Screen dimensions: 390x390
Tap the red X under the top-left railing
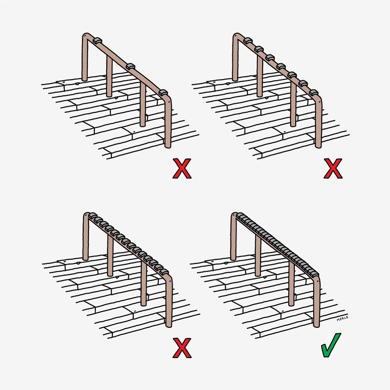coord(182,168)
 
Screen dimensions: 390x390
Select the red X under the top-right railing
coord(333,168)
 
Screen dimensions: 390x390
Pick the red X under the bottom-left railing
coord(182,348)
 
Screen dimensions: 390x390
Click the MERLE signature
coord(342,318)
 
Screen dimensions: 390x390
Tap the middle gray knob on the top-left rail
coord(130,66)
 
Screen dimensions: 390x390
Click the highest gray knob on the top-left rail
coord(97,41)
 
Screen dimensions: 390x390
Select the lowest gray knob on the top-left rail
coord(163,93)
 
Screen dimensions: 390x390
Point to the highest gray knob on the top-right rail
coord(248,40)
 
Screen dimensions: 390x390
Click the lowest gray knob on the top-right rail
coord(314,92)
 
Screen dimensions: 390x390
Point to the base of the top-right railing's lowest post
coord(318,146)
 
